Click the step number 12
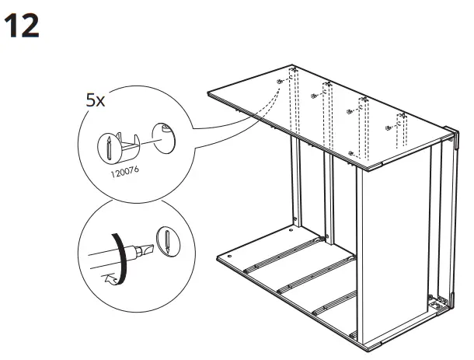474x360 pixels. [23, 26]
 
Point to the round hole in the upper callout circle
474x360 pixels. [165, 137]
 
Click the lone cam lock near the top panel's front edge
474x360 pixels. [353, 152]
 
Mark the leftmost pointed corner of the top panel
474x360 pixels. [208, 94]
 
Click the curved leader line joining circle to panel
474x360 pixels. [233, 117]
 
